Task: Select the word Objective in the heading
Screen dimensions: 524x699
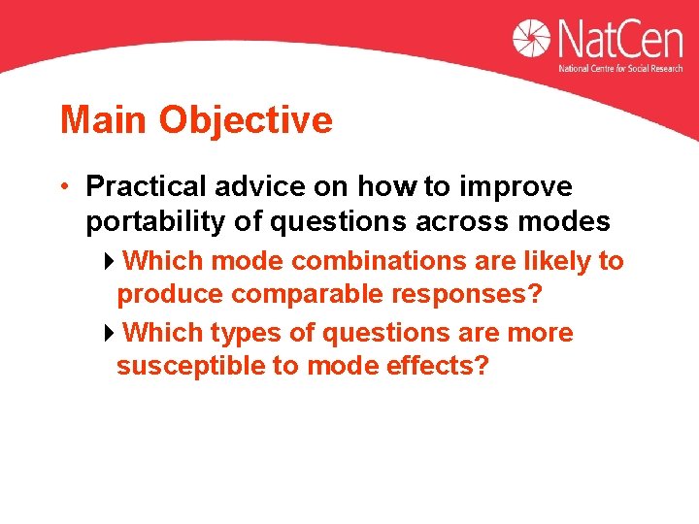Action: (x=246, y=120)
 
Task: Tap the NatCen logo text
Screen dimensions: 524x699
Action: (x=619, y=41)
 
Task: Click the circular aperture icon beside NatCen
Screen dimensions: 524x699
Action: (x=532, y=39)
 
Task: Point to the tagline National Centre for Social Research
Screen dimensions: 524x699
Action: (x=620, y=69)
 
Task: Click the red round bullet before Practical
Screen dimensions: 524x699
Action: (x=65, y=185)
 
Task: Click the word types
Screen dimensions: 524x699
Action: (x=247, y=333)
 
